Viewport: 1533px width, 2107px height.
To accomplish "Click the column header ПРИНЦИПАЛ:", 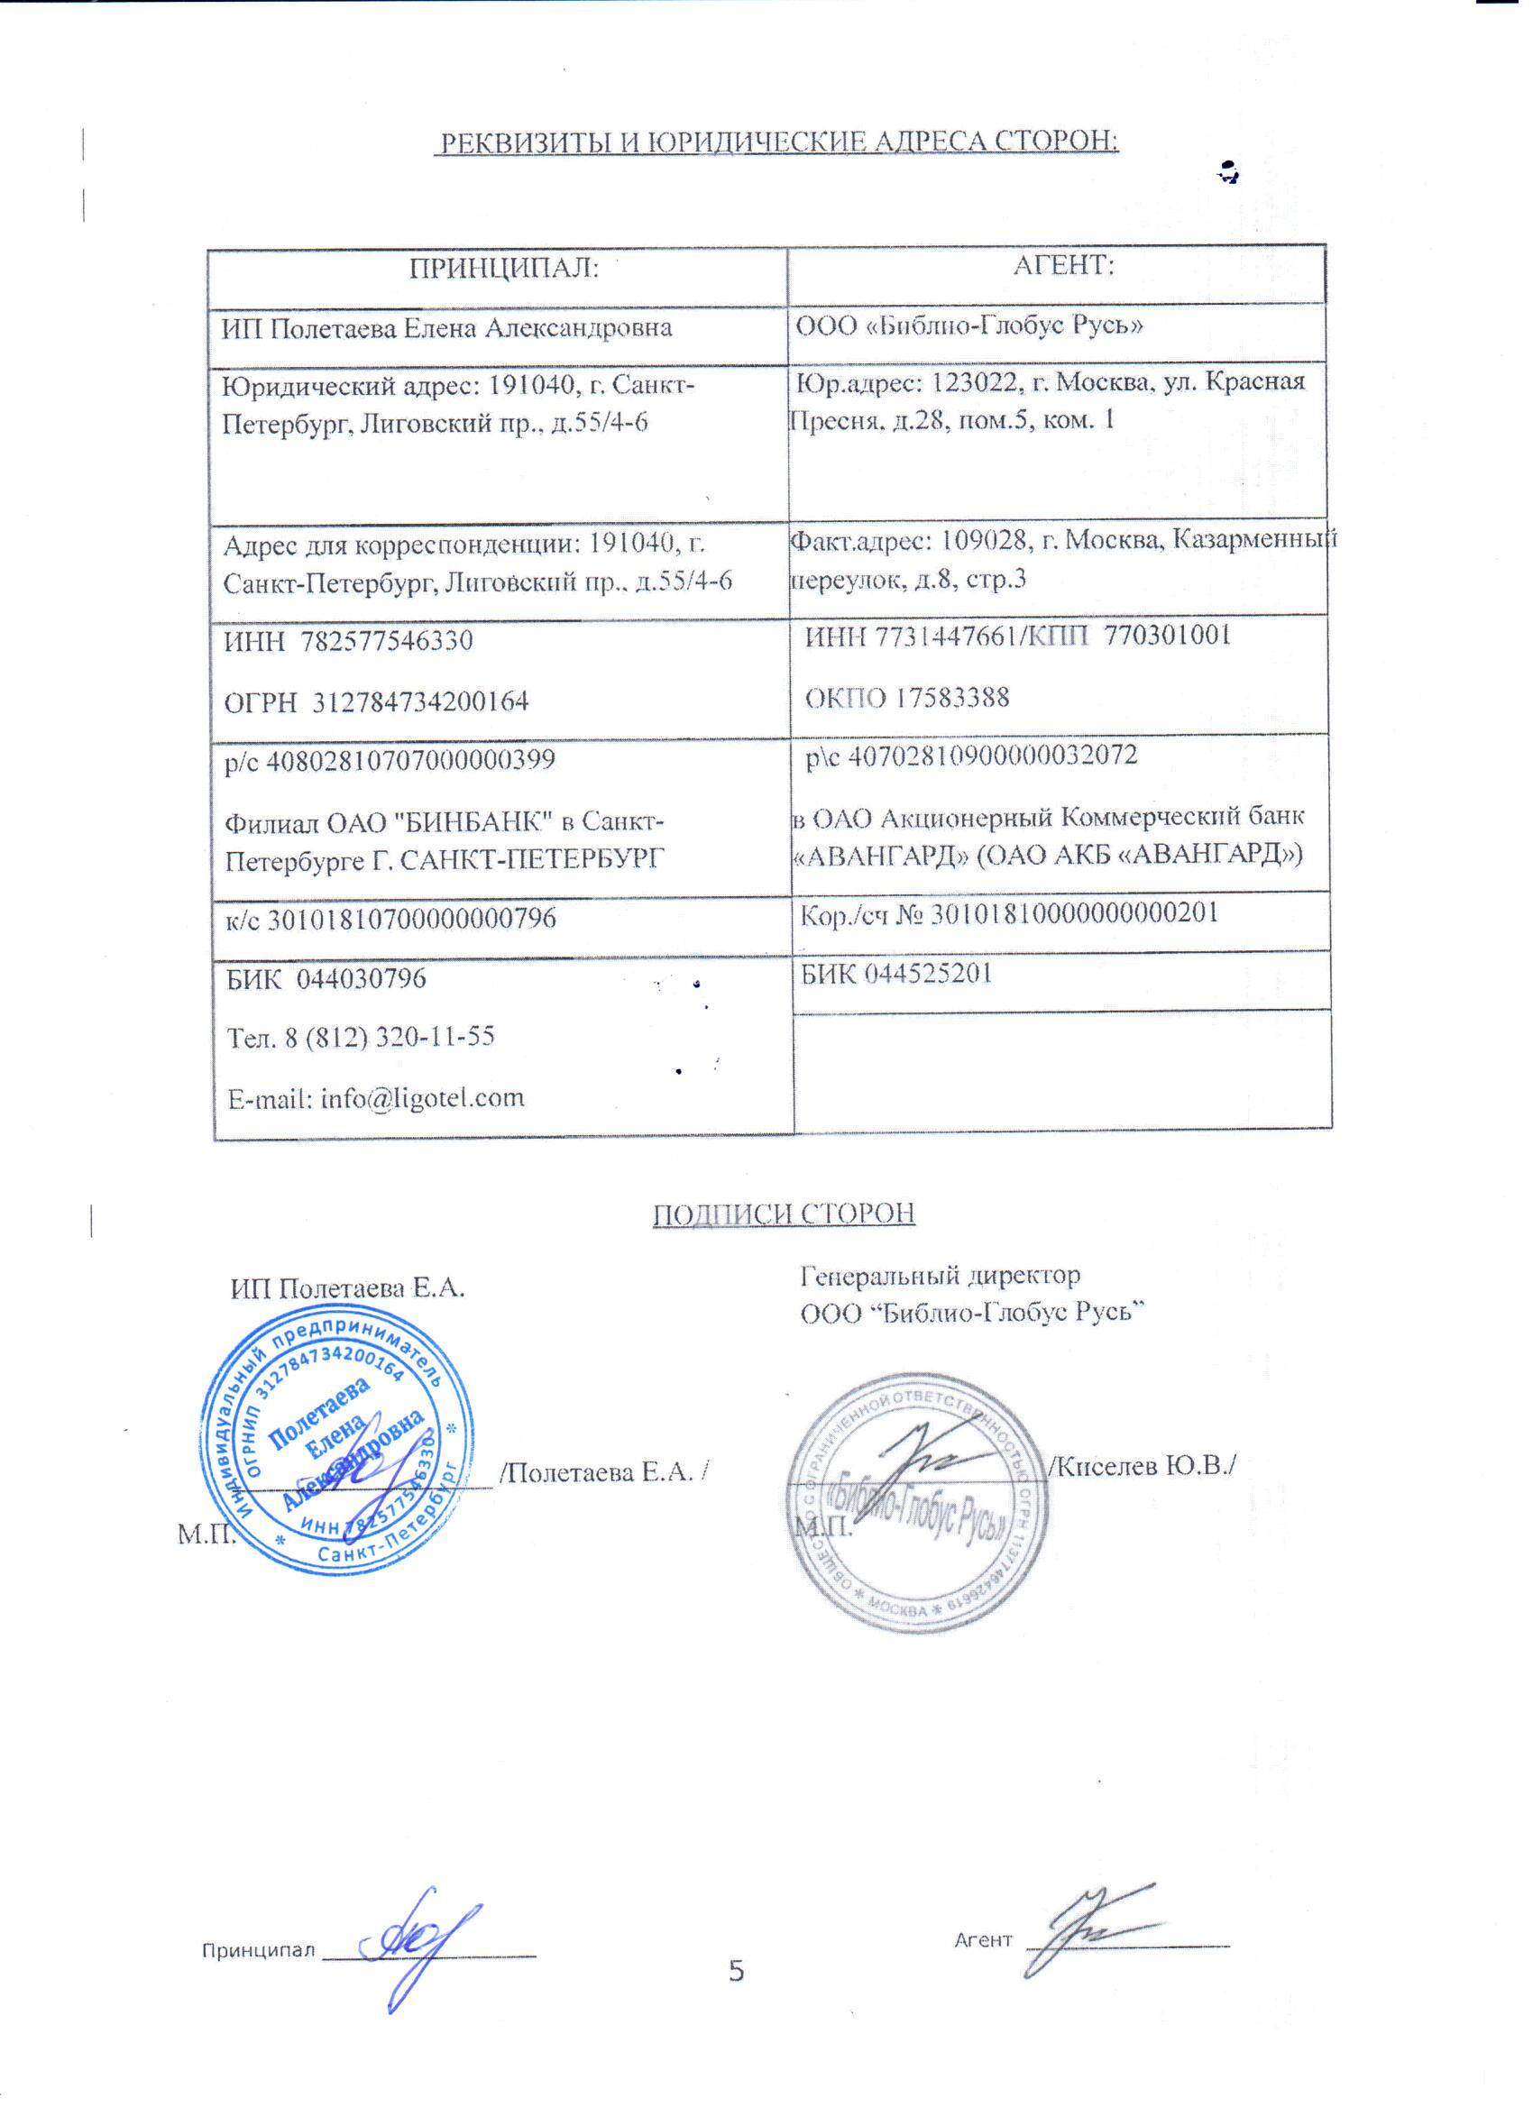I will point(502,269).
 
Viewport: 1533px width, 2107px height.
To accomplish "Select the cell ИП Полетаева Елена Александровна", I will point(446,329).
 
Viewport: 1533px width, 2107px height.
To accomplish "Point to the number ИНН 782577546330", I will point(348,641).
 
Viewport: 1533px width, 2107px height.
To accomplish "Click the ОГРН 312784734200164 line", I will point(376,701).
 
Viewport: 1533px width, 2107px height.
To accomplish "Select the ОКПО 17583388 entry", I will point(907,698).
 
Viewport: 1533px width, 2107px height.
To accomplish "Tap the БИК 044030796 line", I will point(327,978).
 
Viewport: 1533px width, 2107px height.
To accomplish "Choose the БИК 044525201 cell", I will point(896,974).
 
